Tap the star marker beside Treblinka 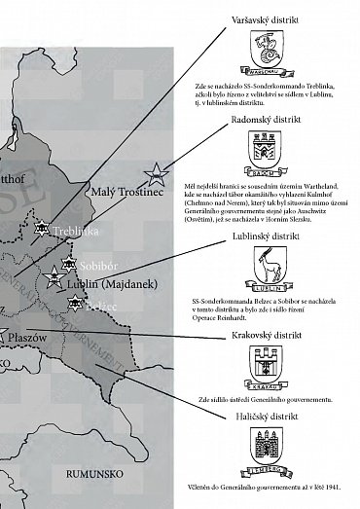click(x=41, y=229)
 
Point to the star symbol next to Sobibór click(x=67, y=264)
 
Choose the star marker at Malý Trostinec click(x=154, y=175)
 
